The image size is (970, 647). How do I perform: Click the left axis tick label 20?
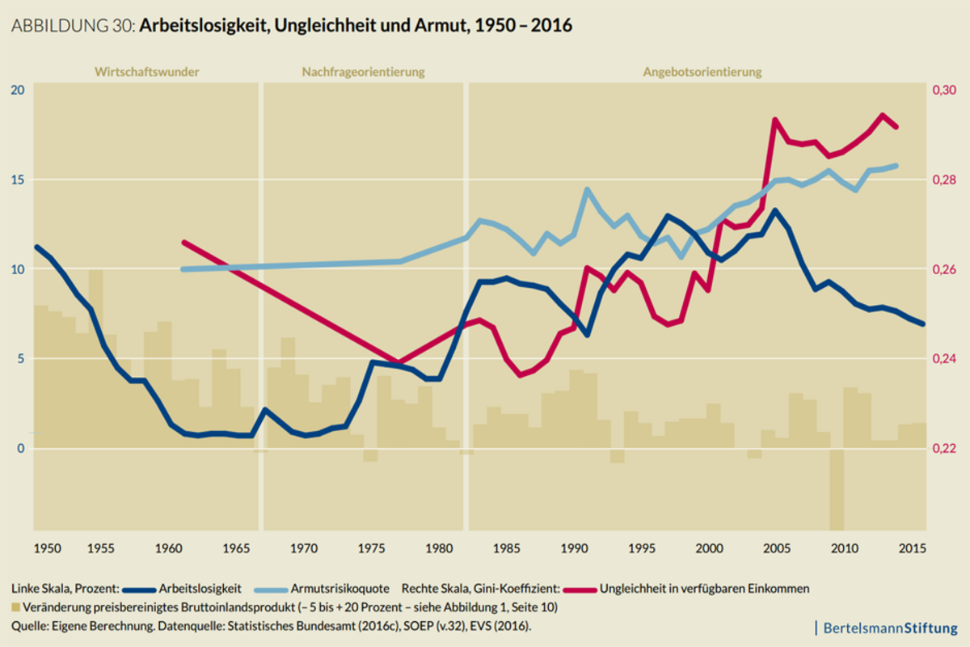[17, 90]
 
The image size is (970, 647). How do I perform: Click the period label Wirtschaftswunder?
[146, 72]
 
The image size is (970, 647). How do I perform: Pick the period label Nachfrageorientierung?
[363, 72]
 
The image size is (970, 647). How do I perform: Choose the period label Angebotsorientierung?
[702, 72]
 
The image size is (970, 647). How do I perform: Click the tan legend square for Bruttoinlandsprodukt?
[16, 606]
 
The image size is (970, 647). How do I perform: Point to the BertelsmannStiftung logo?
[888, 628]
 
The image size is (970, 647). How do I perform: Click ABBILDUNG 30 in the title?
[73, 26]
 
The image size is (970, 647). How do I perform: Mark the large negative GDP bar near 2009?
[837, 489]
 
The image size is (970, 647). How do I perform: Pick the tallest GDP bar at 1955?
[95, 356]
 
